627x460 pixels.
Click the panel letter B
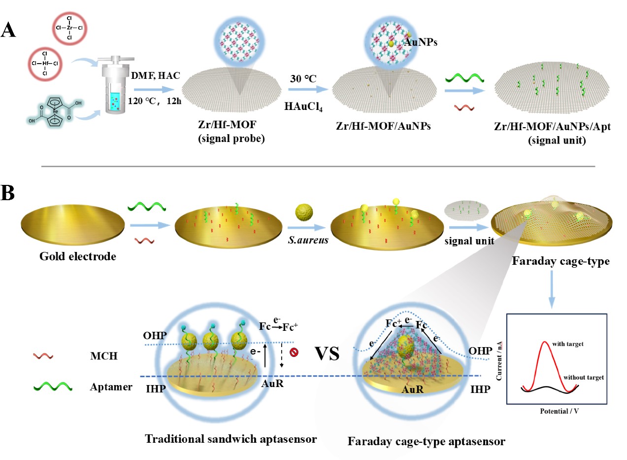tap(9, 194)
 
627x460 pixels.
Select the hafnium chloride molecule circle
tap(45, 63)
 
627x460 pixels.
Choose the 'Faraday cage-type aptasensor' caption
tap(426, 441)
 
